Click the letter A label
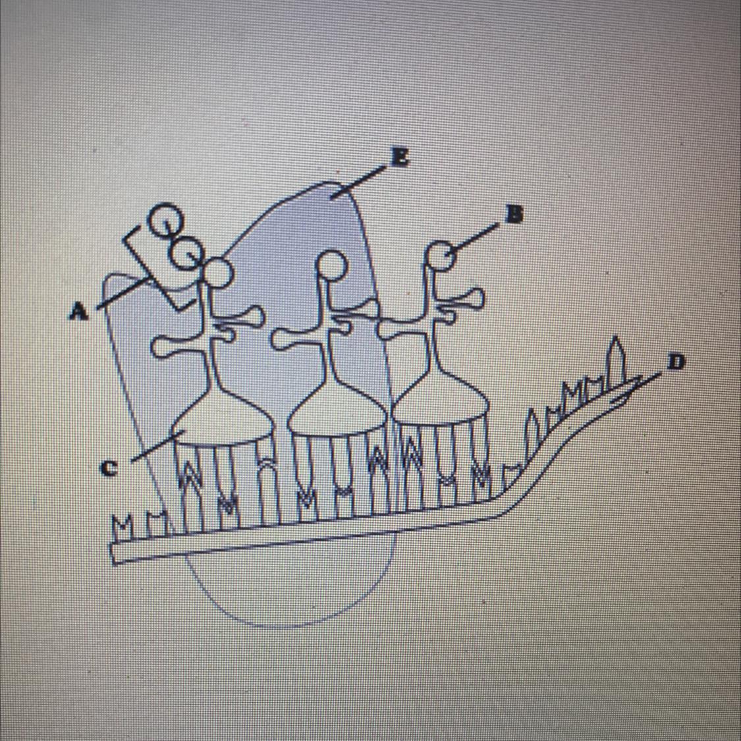point(78,312)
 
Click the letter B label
point(515,215)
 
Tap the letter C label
point(109,468)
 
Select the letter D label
point(676,362)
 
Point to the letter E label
point(400,157)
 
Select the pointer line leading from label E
point(363,181)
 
